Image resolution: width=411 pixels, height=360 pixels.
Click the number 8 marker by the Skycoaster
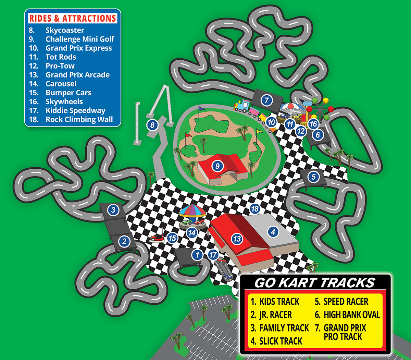coord(152,125)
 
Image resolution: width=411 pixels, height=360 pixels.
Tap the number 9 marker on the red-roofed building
coord(217,166)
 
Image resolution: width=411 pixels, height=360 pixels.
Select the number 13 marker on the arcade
coord(237,239)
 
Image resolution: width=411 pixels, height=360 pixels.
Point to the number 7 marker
coord(267,100)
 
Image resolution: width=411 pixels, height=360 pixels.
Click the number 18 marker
coord(254,208)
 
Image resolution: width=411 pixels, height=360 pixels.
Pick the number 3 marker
coord(113,210)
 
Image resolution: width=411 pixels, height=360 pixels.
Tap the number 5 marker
coord(313,177)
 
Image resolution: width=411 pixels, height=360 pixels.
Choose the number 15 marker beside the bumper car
coord(172,238)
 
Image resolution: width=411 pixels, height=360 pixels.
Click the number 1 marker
coord(197,255)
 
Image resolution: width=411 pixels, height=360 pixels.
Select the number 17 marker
coord(213,255)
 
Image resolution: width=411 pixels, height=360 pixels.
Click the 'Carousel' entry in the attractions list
coord(61,84)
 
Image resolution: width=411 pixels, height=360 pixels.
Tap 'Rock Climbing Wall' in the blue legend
coord(79,119)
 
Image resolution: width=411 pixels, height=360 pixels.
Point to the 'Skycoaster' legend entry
coord(64,30)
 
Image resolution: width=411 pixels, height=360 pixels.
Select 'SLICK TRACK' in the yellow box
coord(281,341)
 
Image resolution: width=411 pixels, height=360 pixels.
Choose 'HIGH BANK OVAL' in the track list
coord(352,315)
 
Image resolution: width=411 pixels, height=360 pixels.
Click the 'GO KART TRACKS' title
coord(315,283)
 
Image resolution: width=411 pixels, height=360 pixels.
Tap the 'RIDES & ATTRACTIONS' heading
coord(73,18)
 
